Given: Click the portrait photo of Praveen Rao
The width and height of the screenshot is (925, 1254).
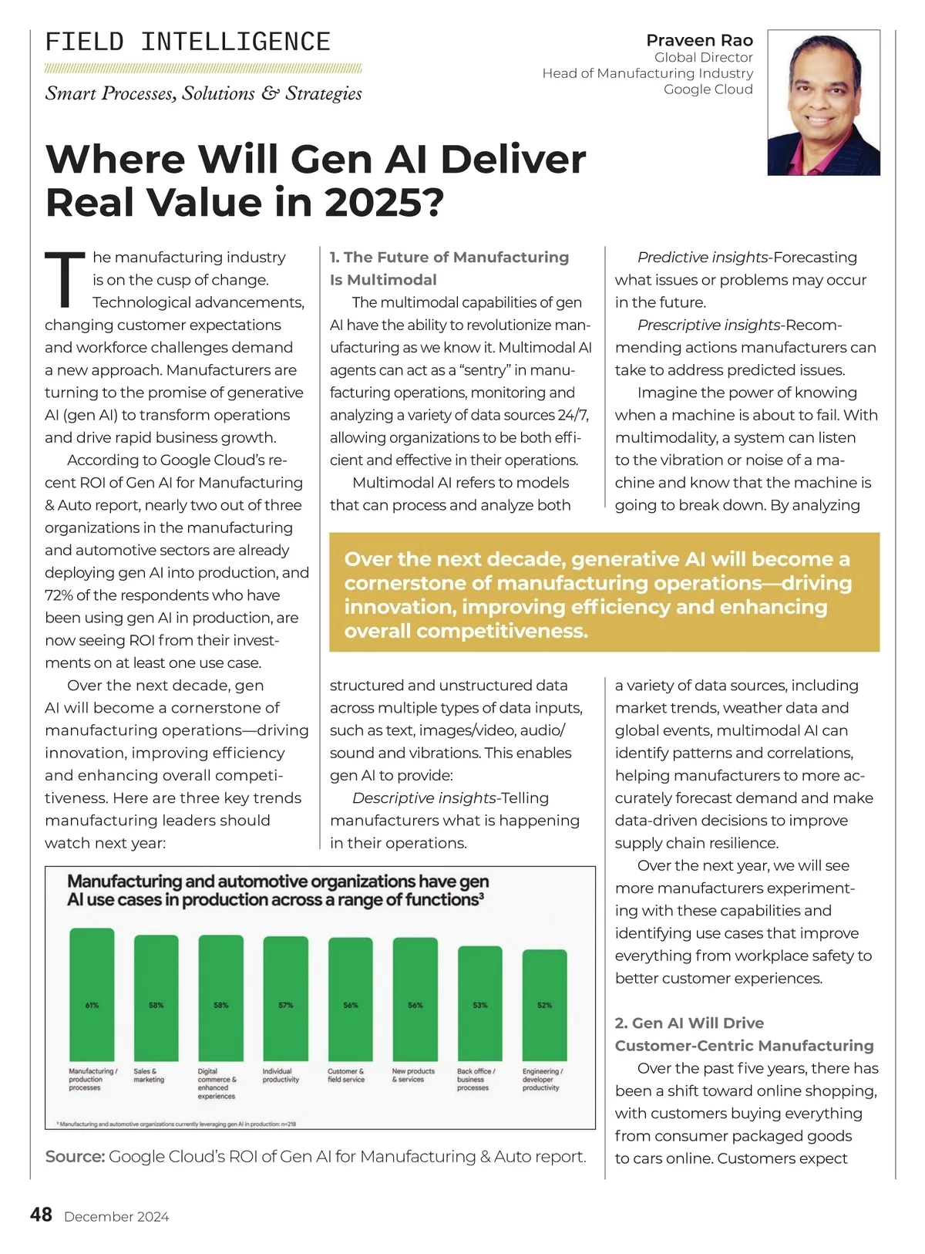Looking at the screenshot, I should [823, 103].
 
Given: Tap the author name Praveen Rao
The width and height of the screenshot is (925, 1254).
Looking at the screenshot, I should [699, 40].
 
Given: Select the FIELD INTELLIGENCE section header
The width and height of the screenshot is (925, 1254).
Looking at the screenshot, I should [188, 42].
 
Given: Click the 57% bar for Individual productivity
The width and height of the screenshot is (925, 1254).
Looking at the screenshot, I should [285, 998].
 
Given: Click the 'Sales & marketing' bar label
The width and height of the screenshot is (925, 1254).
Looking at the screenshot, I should [149, 1075].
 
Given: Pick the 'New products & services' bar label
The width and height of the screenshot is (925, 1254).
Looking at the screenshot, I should [413, 1075].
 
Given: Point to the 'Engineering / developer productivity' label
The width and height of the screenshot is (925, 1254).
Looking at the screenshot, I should [543, 1079].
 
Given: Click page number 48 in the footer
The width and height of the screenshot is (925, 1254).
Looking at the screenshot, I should [41, 1215].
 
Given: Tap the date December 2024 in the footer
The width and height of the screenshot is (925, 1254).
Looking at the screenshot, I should [116, 1217].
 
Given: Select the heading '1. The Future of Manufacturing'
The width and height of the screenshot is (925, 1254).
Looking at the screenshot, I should [449, 258].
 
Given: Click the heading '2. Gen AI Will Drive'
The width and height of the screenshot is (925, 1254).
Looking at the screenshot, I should [689, 1023].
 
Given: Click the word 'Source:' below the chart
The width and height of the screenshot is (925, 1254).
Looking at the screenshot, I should [75, 1157].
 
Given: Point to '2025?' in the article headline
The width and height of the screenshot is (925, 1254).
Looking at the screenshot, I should [385, 202].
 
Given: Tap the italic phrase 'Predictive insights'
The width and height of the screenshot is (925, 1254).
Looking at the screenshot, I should [703, 258].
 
